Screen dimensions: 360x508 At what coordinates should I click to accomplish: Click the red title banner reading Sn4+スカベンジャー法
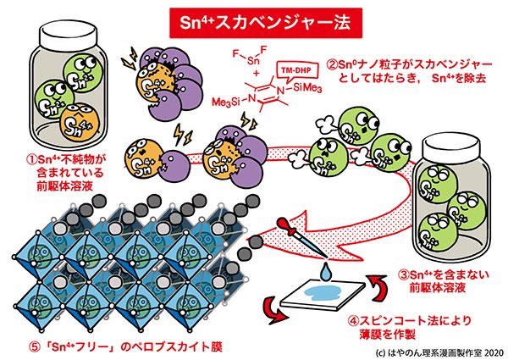tap(254, 19)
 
